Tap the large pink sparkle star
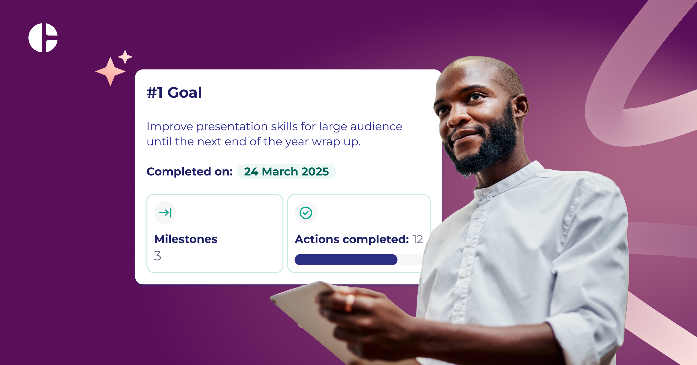pyautogui.click(x=110, y=71)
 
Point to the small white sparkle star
pyautogui.click(x=125, y=57)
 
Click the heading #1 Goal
pyautogui.click(x=174, y=93)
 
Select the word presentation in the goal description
pyautogui.click(x=232, y=127)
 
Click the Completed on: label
pyautogui.click(x=189, y=171)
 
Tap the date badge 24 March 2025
pyautogui.click(x=286, y=171)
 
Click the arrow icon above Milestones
pyautogui.click(x=165, y=213)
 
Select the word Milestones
pyautogui.click(x=186, y=239)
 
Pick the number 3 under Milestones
pyautogui.click(x=157, y=256)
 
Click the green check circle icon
pyautogui.click(x=306, y=213)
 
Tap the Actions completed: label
pyautogui.click(x=352, y=239)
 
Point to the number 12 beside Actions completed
pyautogui.click(x=418, y=239)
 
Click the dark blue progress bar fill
pyautogui.click(x=346, y=260)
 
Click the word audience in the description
pyautogui.click(x=376, y=127)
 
